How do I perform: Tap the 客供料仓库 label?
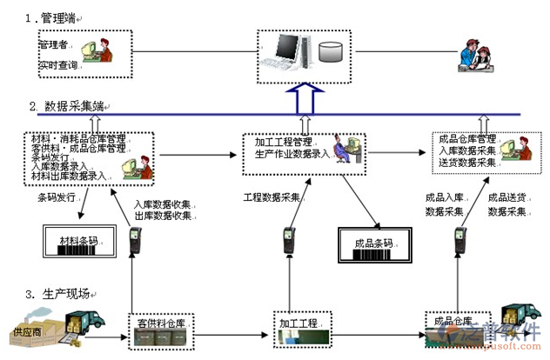coord(161,323)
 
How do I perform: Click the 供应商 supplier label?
coord(27,332)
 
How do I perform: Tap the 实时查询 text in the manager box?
coord(57,65)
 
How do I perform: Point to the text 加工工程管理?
coord(284,142)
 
